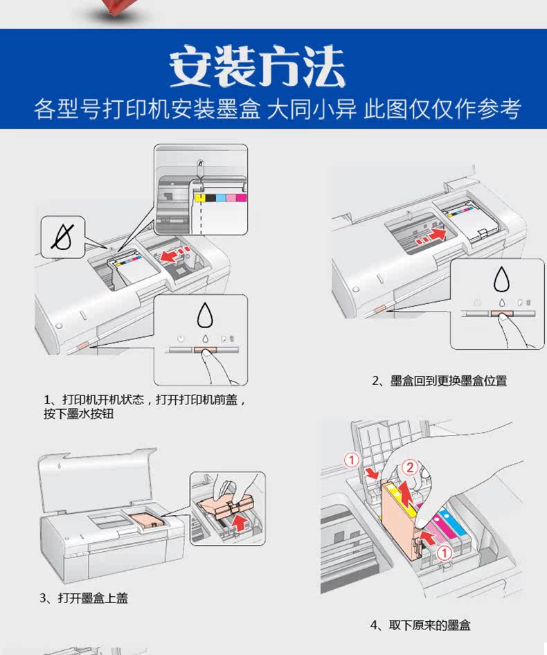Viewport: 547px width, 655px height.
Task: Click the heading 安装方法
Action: [x=257, y=67]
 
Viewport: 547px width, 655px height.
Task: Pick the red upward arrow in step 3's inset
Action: [x=240, y=521]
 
